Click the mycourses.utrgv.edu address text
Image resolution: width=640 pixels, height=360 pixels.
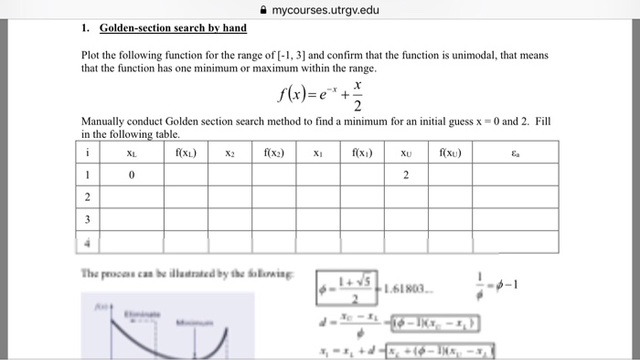tap(332, 10)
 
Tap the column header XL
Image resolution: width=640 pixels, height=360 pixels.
tap(132, 154)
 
